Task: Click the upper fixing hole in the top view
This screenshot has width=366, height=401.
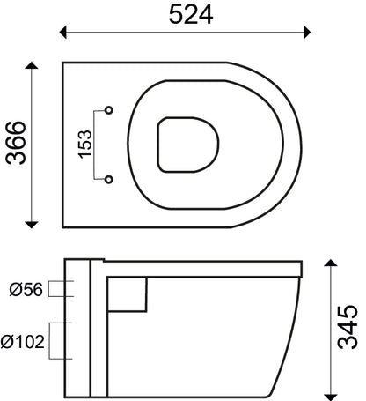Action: point(109,110)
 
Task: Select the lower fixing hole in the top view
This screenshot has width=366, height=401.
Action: point(109,180)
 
